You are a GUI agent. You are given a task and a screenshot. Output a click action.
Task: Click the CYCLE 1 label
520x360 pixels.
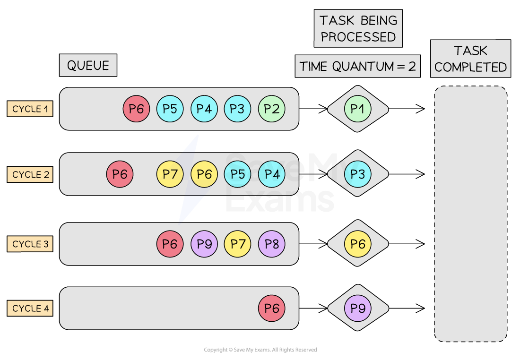coord(30,109)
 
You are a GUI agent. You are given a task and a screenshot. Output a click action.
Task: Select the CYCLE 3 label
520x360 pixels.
coord(30,244)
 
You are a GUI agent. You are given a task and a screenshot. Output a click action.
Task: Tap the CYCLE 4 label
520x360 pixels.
coord(30,309)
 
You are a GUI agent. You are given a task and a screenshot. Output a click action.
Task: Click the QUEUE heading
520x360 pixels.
coord(88,65)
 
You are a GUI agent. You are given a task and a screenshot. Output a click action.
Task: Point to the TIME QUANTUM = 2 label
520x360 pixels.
coord(358,67)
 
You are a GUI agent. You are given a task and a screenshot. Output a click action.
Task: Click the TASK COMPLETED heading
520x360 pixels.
coord(470,59)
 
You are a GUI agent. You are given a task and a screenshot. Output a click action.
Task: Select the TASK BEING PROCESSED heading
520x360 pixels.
coord(358,29)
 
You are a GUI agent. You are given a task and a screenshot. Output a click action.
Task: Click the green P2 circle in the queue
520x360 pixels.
coord(272,109)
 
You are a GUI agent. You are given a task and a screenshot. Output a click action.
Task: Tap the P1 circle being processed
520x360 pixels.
coord(358,109)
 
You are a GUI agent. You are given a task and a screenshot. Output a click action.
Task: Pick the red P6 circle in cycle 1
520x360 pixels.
coord(136,109)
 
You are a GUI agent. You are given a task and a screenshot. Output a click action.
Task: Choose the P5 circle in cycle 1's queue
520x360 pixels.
coord(170,109)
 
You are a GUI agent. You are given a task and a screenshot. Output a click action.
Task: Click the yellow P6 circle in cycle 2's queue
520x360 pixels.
coord(204,174)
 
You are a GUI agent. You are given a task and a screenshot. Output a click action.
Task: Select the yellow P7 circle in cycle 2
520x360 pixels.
coord(170,174)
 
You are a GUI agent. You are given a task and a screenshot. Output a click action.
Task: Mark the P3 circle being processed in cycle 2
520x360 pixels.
coord(358,174)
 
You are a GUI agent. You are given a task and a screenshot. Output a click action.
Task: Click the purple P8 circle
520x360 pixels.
coord(272,244)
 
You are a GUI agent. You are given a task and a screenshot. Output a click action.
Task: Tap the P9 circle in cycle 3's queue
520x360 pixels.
coord(204,244)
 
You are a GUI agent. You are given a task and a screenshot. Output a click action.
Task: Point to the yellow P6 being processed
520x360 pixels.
coord(358,244)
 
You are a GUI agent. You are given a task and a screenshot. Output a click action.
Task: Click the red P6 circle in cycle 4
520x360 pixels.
coord(272,309)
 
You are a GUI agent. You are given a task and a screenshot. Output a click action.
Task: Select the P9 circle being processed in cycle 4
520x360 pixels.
coord(358,309)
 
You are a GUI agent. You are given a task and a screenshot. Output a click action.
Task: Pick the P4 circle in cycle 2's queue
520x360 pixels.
coord(272,174)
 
